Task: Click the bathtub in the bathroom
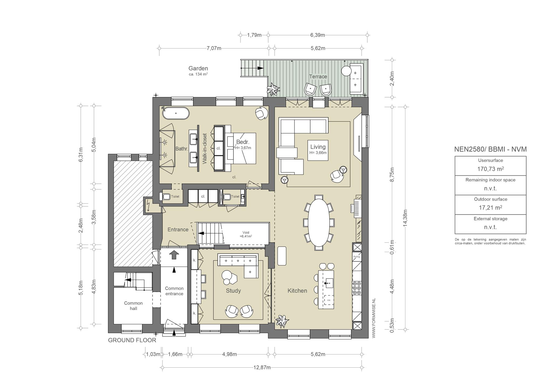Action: coord(176,113)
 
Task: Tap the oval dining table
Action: coord(319,222)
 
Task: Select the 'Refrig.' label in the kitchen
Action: coord(357,257)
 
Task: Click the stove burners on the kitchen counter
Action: coord(357,288)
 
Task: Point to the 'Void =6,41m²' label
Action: coord(246,234)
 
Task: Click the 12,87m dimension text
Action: coord(262,367)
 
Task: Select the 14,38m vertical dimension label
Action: coord(405,218)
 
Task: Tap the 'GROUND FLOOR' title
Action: coord(132,340)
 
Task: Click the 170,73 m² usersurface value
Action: coord(490,169)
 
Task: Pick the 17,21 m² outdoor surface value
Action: coord(490,208)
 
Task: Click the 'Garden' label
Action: coord(198,68)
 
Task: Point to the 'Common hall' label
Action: coord(133,306)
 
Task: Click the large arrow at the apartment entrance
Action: coord(174,255)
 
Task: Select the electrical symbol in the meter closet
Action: coord(149,206)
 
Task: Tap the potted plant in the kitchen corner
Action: coord(282,321)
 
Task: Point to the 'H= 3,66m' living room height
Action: coord(318,153)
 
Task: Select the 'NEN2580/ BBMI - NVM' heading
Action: coord(491,149)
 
